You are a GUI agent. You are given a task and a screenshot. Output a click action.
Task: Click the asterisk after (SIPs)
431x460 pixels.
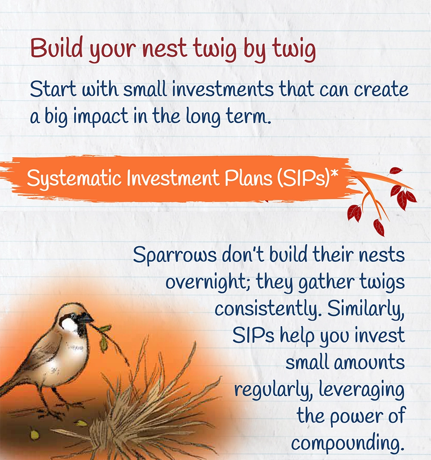coord(334,174)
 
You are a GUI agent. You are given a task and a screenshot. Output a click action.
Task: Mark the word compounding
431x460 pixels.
coord(348,444)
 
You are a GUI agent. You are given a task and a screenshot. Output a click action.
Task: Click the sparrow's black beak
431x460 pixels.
coord(87,318)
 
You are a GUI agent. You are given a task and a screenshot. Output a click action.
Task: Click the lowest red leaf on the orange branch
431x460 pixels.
coord(379,228)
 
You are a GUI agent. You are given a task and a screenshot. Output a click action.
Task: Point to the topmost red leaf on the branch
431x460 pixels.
coord(396,171)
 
